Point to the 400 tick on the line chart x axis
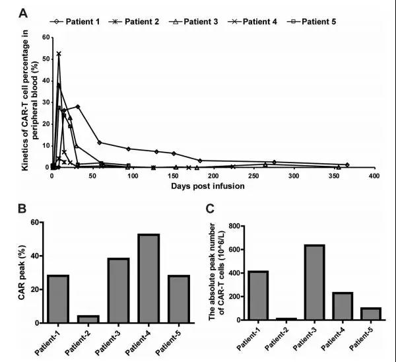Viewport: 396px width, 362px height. click(x=375, y=176)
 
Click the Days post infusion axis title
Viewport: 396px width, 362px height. click(x=213, y=186)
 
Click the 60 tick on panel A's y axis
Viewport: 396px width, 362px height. click(x=44, y=38)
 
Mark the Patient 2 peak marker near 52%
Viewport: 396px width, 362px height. click(x=59, y=54)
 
